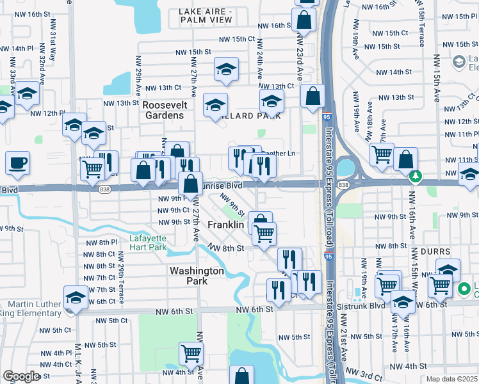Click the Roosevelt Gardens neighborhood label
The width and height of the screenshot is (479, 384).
tap(163, 110)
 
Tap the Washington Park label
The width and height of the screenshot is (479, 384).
tap(197, 276)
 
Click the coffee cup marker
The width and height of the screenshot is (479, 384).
tap(18, 163)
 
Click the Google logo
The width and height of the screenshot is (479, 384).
tap(20, 376)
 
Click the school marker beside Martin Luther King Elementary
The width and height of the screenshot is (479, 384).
tap(76, 298)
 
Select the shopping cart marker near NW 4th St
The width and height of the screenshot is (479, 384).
tap(191, 352)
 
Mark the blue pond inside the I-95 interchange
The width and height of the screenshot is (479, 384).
tap(345, 168)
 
